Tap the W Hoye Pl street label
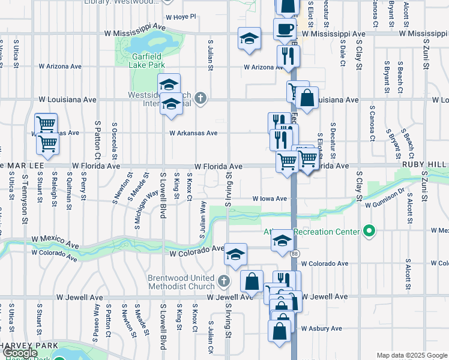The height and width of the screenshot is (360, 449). click(x=181, y=17)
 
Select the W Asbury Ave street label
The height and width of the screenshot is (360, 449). click(x=321, y=328)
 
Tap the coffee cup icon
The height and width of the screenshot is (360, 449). click(x=285, y=29)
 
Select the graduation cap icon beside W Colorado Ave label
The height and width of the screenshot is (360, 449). click(x=236, y=254)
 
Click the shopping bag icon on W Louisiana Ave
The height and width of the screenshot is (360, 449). click(x=307, y=100)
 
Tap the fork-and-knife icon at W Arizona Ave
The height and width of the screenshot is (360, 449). click(x=288, y=56)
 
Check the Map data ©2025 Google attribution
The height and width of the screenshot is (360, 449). click(x=412, y=355)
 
